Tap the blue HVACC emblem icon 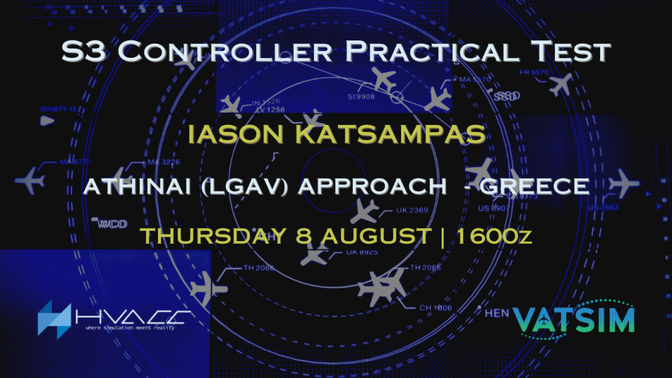pos(54,318)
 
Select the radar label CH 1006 pos(436,308)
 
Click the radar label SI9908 pos(361,96)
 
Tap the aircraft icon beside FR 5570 pos(560,84)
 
